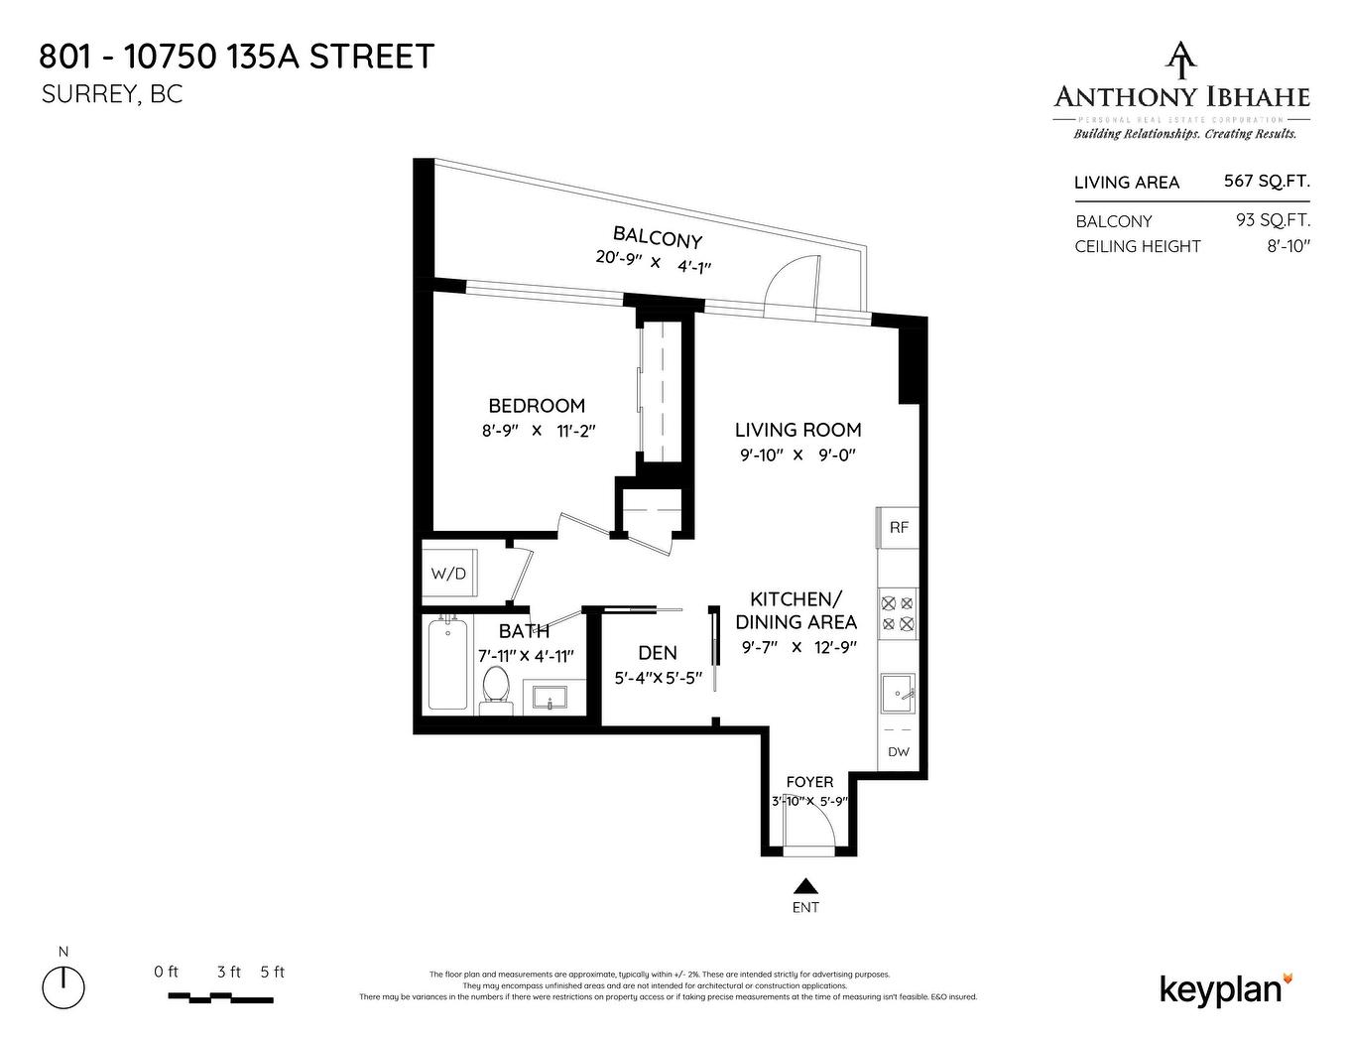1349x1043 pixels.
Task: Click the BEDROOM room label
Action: point(537,406)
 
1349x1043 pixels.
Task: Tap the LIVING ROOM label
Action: point(797,430)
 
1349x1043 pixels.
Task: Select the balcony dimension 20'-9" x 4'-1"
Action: point(654,262)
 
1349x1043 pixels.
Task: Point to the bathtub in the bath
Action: point(448,663)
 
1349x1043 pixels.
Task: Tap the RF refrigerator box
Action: point(898,528)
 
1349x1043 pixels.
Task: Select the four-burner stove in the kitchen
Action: point(898,612)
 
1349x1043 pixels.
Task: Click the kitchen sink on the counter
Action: point(898,695)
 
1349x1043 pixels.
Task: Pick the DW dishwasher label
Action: point(898,752)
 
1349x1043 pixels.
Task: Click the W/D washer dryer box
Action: point(448,574)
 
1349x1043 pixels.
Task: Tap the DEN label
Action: point(658,653)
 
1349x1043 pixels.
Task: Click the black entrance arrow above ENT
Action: point(805,886)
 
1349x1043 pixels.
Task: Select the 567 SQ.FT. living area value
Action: point(1267,182)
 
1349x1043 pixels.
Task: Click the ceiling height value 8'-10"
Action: point(1288,246)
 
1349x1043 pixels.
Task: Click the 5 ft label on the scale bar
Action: point(272,973)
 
